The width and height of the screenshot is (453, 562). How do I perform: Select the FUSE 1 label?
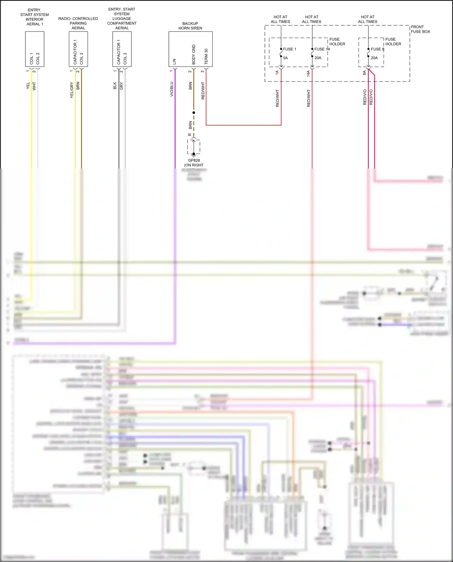(x=289, y=49)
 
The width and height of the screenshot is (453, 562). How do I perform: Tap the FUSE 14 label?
(x=322, y=49)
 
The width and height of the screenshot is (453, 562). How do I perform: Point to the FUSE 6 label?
(x=377, y=49)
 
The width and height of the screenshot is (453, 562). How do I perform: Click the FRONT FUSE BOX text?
(x=420, y=29)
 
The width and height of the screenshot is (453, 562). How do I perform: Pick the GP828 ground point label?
(x=194, y=160)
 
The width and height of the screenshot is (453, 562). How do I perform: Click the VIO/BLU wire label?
(x=172, y=89)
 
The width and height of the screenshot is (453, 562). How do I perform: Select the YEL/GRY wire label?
(x=72, y=90)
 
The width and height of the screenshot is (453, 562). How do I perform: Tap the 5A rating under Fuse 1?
(x=285, y=58)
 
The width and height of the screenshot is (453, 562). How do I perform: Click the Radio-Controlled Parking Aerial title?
(x=78, y=23)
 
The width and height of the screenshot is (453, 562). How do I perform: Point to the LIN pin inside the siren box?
(x=174, y=62)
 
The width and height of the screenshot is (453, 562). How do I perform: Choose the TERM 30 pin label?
(x=206, y=56)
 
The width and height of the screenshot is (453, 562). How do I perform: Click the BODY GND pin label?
(x=194, y=55)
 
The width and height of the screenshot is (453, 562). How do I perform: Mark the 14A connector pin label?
(x=308, y=73)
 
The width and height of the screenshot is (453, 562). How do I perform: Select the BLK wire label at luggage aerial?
(x=115, y=85)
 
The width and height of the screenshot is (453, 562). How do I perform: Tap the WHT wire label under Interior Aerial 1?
(x=34, y=86)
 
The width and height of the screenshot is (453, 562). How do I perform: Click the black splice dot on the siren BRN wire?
(x=194, y=113)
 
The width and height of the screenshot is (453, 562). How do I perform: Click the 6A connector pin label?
(x=364, y=73)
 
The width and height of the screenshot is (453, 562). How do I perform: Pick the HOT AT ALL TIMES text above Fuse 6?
(x=368, y=19)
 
